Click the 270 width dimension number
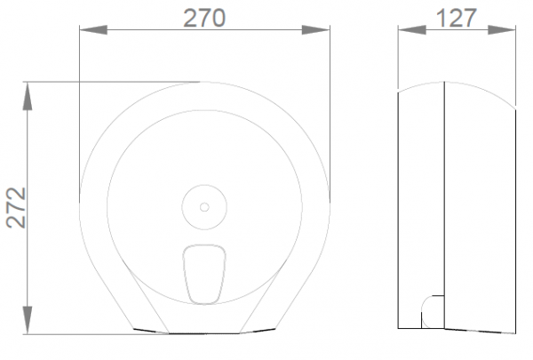204,18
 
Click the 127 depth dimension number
457,18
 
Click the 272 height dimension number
16,208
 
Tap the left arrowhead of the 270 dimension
93,30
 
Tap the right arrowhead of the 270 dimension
315,30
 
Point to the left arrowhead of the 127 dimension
411,30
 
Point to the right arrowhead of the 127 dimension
502,30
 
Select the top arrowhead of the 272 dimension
28,96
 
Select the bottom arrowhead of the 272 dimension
28,320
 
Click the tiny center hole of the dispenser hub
204,207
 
